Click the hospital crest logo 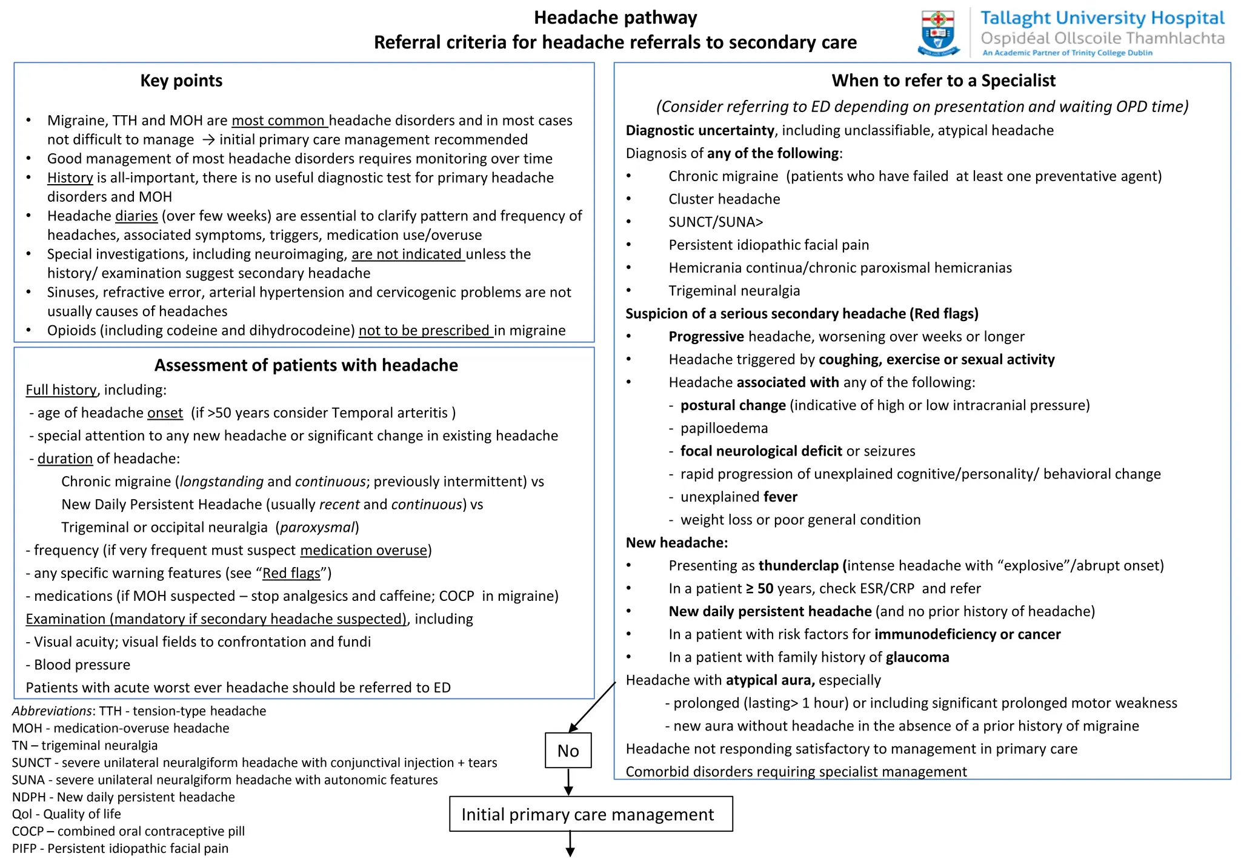tap(938, 33)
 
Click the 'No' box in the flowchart tap(568, 751)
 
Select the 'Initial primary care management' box tap(590, 814)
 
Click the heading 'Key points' tap(181, 81)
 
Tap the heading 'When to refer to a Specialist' tap(943, 81)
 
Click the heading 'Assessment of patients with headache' tap(306, 365)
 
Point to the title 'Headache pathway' tap(615, 18)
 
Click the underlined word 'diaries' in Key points tap(136, 216)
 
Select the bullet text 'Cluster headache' tap(724, 199)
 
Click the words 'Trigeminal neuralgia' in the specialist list tap(734, 291)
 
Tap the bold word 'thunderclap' tap(799, 566)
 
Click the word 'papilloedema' tap(724, 428)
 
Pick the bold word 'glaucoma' tap(917, 657)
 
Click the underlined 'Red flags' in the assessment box tap(291, 573)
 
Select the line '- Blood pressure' tap(78, 665)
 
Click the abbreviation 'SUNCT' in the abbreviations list tap(32, 763)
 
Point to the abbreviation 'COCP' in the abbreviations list tap(28, 832)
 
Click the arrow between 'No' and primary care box tap(568, 781)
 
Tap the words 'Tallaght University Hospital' tap(1102, 18)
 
